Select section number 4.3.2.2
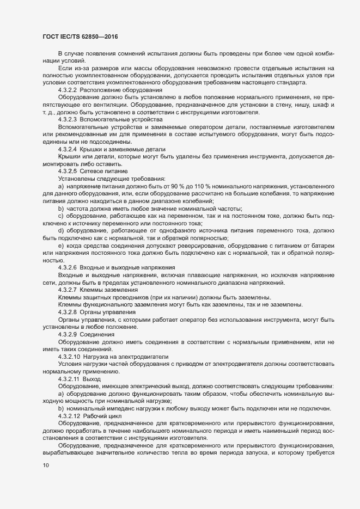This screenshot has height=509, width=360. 68,89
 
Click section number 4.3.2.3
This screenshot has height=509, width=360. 68,119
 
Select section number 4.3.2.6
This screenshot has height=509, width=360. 68,267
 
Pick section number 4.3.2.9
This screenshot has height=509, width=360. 68,334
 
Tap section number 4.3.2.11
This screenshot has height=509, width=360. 69,378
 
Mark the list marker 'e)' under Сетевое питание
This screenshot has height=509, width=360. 60,245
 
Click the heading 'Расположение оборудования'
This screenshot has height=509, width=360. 121,89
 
